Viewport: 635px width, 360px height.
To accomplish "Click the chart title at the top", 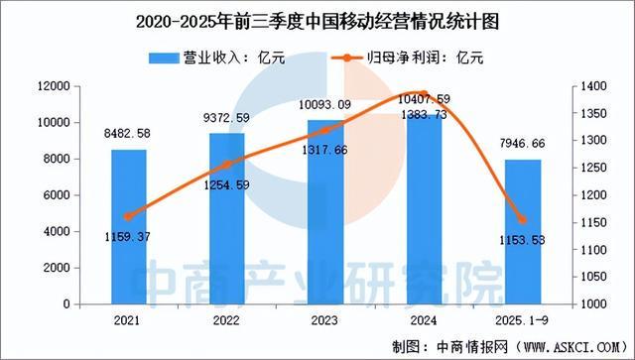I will point(317,19).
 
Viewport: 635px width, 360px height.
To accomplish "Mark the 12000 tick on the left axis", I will point(49,86).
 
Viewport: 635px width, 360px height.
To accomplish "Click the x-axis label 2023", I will point(326,319).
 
